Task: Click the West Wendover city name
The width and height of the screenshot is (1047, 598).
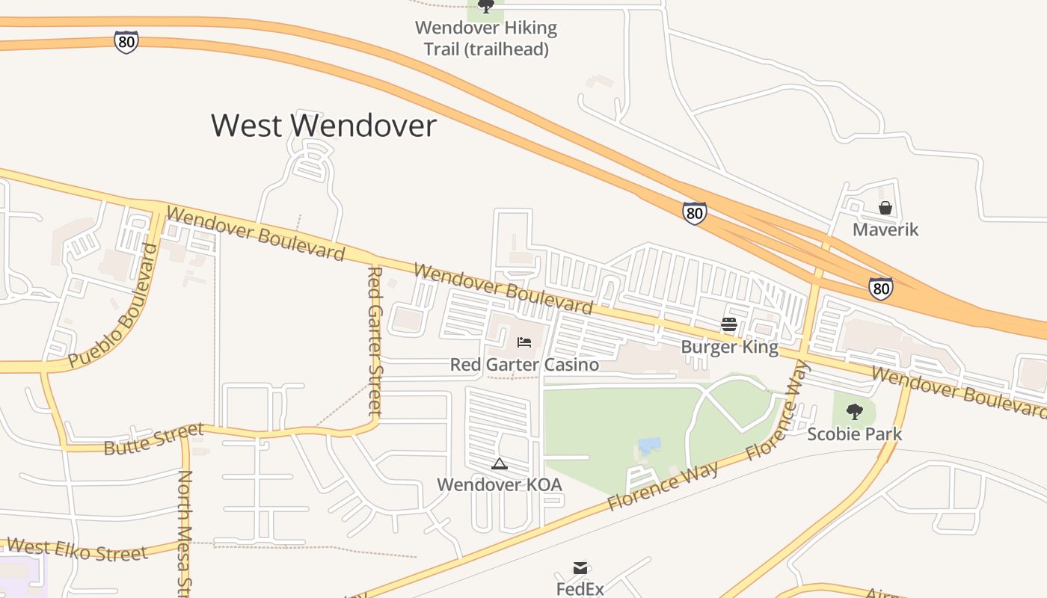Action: [x=323, y=126]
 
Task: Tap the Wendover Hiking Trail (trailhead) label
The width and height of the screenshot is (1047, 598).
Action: [x=486, y=39]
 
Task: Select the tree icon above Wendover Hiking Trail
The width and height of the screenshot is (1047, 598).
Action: [x=486, y=7]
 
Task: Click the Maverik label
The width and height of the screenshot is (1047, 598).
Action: [x=885, y=229]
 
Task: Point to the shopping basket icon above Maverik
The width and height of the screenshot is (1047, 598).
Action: [x=885, y=207]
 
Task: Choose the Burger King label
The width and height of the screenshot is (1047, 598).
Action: [x=729, y=347]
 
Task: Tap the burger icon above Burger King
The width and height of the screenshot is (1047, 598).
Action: [x=729, y=324]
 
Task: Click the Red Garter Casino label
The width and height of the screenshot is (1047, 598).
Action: [x=524, y=365]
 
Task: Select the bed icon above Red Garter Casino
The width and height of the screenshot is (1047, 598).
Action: [x=524, y=342]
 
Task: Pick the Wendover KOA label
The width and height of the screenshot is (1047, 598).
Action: [x=500, y=484]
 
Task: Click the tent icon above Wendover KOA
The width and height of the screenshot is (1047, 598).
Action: [x=500, y=463]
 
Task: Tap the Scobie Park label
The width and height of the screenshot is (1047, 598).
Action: [x=854, y=434]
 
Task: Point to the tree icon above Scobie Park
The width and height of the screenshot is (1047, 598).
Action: [x=854, y=411]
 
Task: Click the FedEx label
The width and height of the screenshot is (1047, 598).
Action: [x=580, y=589]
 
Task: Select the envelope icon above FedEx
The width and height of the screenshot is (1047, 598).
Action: [x=580, y=568]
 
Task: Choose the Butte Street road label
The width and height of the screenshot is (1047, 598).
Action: [x=153, y=440]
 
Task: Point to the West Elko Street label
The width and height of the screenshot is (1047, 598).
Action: [x=77, y=550]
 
